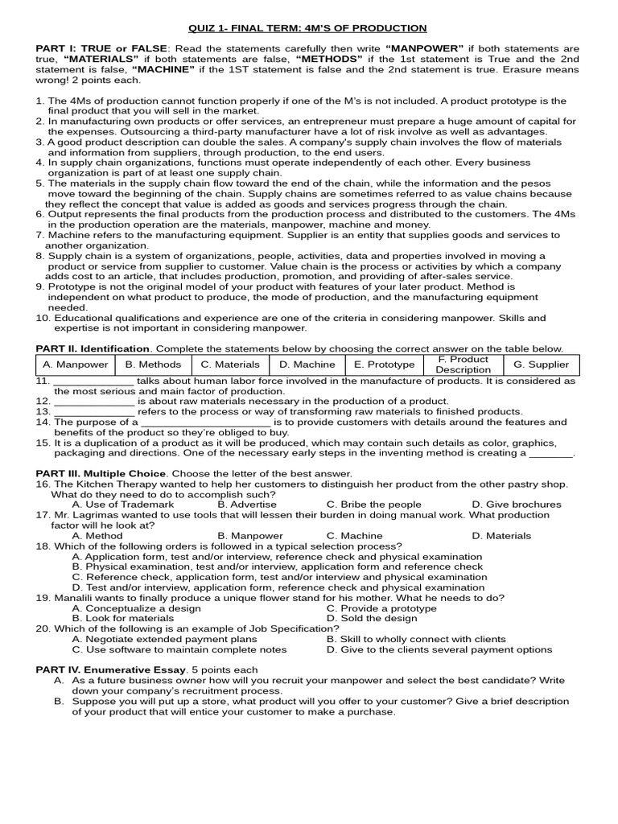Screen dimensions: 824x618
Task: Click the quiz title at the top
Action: click(x=308, y=28)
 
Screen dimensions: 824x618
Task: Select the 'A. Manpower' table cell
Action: click(x=76, y=365)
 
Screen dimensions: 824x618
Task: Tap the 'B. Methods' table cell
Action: click(x=153, y=365)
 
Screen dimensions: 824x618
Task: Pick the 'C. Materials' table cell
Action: click(x=229, y=365)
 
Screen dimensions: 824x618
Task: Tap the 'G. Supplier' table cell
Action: click(x=541, y=365)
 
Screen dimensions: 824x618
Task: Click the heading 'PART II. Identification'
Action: click(x=93, y=348)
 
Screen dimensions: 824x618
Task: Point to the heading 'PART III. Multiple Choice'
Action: click(x=101, y=473)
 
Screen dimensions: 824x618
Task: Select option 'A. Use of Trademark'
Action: click(x=122, y=505)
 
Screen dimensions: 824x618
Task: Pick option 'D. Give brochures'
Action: click(x=517, y=505)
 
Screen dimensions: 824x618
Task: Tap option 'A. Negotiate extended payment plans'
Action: click(x=164, y=639)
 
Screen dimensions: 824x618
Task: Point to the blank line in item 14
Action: click(x=205, y=422)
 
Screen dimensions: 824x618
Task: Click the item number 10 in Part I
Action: click(x=43, y=318)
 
